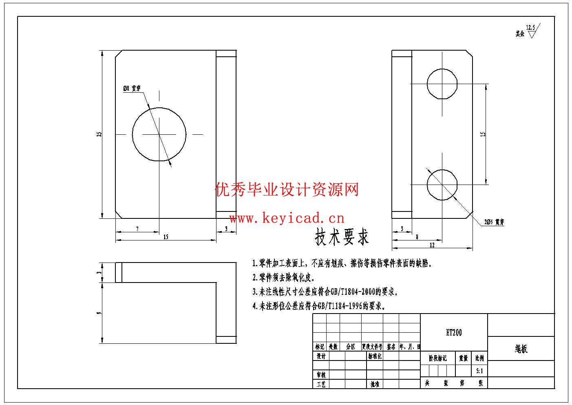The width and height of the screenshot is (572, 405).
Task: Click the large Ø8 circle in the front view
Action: click(x=159, y=134)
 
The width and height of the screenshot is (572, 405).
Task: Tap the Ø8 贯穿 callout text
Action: click(x=132, y=88)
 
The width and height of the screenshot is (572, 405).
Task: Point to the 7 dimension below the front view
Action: click(x=137, y=229)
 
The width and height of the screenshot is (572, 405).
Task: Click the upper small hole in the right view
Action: click(x=442, y=84)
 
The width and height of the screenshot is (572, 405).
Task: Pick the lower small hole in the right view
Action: click(x=442, y=185)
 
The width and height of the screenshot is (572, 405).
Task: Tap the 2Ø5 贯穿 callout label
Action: click(x=494, y=222)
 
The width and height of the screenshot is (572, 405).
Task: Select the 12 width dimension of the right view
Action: click(x=432, y=245)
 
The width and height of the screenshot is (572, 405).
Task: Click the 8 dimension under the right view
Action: click(x=417, y=237)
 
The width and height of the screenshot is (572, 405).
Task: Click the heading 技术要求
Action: click(x=342, y=237)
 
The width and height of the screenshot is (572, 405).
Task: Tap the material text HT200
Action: click(x=454, y=333)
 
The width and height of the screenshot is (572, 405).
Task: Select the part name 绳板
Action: click(x=521, y=349)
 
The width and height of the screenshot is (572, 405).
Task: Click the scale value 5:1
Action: click(x=479, y=371)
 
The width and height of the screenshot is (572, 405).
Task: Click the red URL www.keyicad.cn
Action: click(x=287, y=218)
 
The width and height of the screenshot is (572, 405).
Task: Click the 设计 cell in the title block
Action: click(x=321, y=356)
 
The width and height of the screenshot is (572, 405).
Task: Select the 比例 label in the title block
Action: click(x=479, y=358)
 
